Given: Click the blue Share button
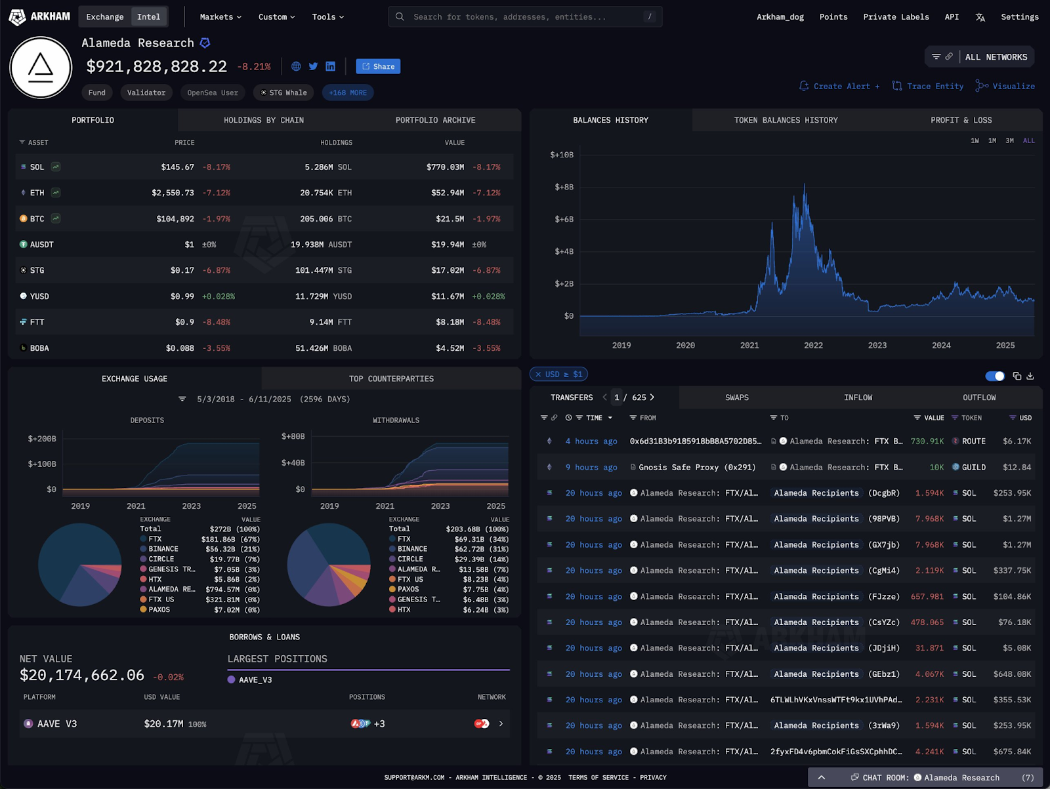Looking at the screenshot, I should [378, 66].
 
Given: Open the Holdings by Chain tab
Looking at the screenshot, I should [264, 120].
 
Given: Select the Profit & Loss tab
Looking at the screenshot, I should [961, 120].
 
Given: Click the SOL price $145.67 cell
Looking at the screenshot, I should [178, 167].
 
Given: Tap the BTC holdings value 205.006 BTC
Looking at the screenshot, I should [325, 219].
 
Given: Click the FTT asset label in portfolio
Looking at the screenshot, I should [37, 322].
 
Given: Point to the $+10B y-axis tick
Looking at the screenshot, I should [562, 155].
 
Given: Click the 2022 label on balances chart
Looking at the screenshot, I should [813, 346].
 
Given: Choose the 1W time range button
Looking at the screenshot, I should [975, 140].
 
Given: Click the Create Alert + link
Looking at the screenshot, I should [839, 86].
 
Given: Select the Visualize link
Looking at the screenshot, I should [1005, 86].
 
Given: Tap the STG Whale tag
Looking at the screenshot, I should [283, 92].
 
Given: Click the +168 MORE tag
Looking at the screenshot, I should [348, 92].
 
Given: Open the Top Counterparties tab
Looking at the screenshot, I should [391, 378].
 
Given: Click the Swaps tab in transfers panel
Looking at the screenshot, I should [737, 397].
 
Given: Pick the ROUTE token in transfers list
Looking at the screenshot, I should [973, 441].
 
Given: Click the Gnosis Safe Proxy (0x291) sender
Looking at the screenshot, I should [697, 467].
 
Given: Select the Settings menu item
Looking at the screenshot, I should [1019, 17].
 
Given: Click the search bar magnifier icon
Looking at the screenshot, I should [400, 16].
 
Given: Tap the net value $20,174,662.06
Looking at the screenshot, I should [82, 675].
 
